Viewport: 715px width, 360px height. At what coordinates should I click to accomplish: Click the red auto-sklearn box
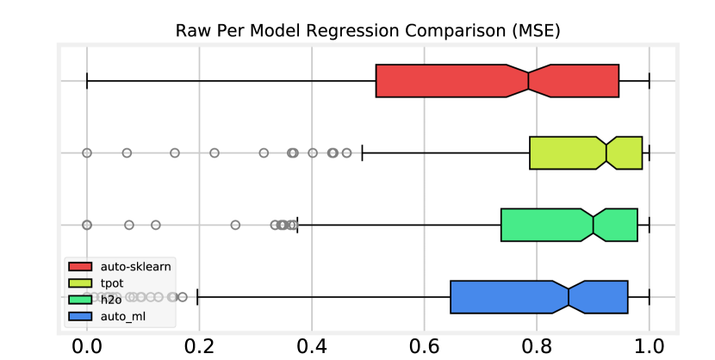pos(448,81)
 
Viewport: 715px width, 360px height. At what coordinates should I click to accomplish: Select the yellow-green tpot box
pos(564,152)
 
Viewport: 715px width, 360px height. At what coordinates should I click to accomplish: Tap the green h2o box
pos(543,225)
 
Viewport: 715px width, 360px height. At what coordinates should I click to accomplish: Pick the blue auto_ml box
pos(504,297)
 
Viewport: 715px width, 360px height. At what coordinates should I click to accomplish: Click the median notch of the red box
pos(528,81)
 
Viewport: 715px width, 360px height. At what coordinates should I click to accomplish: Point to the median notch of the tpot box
pos(606,152)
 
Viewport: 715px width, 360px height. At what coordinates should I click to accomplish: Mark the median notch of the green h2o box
pos(594,225)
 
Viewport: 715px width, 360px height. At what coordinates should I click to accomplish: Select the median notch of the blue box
pos(569,297)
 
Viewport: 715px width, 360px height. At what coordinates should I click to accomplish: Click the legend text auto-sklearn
pos(135,267)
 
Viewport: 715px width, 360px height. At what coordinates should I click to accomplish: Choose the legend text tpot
pos(112,283)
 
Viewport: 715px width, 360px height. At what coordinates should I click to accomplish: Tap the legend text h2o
pos(110,300)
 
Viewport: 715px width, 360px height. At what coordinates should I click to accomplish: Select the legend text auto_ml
pos(123,316)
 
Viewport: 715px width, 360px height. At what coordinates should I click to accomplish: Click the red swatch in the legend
pos(80,267)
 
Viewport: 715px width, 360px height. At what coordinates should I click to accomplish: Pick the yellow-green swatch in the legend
pos(80,283)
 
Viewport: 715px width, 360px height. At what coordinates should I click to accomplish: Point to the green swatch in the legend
pos(80,300)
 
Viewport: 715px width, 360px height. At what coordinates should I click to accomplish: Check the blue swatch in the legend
pos(80,316)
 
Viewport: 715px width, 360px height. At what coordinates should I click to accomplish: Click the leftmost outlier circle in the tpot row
pos(87,152)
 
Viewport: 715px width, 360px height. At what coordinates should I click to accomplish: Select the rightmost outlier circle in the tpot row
pos(346,152)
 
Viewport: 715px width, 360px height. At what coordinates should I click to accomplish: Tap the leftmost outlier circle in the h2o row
pos(87,225)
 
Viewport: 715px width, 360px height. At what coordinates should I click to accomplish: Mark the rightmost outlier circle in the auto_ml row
pos(182,297)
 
